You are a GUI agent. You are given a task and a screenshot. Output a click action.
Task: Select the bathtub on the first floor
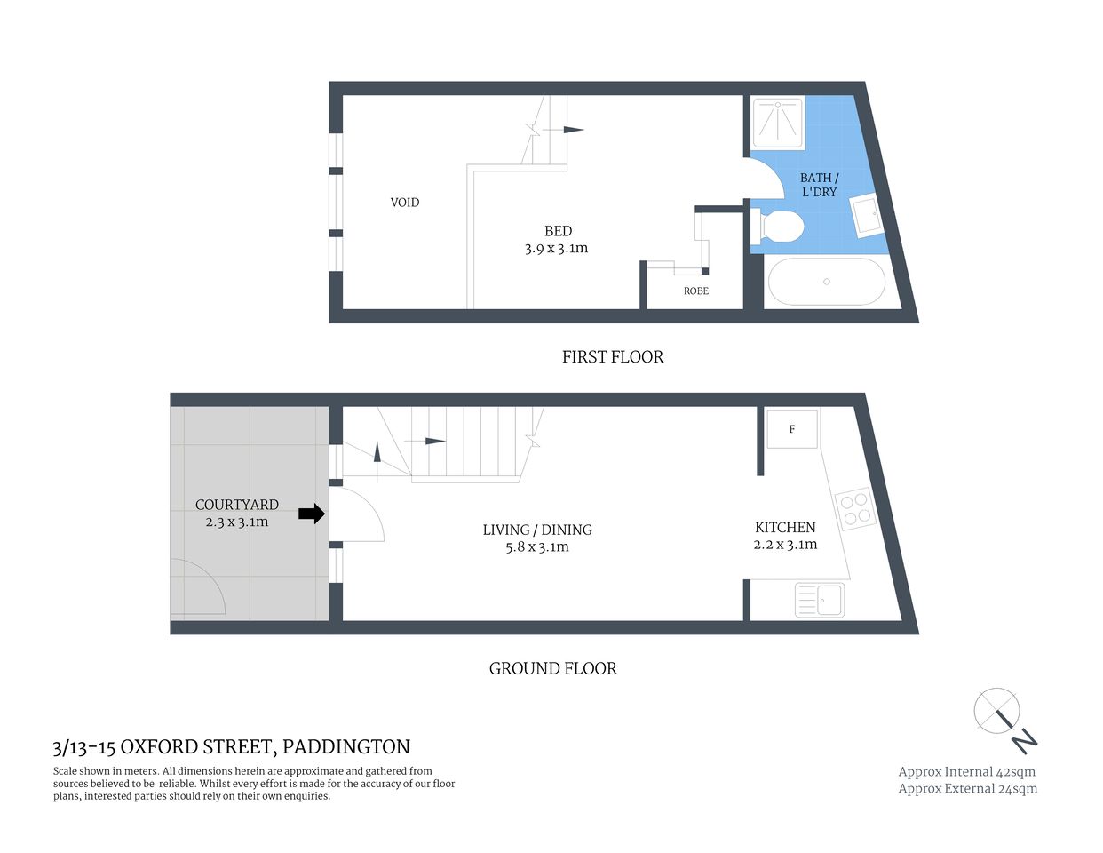click(826, 282)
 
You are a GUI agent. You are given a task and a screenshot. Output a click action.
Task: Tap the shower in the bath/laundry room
click(778, 122)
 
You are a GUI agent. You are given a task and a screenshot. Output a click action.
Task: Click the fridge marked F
click(792, 429)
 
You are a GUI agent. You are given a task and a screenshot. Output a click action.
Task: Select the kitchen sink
click(820, 600)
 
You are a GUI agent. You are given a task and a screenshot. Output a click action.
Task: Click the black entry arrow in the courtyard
click(311, 514)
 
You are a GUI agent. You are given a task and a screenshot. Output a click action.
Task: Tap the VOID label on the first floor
click(405, 203)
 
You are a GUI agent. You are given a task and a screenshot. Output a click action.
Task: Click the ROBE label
click(696, 291)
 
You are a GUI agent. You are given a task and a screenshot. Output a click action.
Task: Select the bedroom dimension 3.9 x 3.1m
click(556, 249)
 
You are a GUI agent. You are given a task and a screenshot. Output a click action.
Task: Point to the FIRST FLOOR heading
click(613, 357)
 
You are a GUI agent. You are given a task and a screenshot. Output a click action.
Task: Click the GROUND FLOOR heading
click(552, 669)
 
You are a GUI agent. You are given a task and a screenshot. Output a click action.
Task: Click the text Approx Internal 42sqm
click(966, 771)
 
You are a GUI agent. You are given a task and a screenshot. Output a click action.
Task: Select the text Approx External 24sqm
click(967, 788)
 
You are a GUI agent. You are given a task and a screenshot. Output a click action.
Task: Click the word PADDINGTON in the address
click(346, 747)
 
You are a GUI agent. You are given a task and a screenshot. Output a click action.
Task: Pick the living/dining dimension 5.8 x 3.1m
click(537, 547)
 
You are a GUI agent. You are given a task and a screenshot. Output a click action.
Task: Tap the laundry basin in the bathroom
click(865, 216)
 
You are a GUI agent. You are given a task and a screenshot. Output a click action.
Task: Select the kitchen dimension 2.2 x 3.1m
click(785, 545)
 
